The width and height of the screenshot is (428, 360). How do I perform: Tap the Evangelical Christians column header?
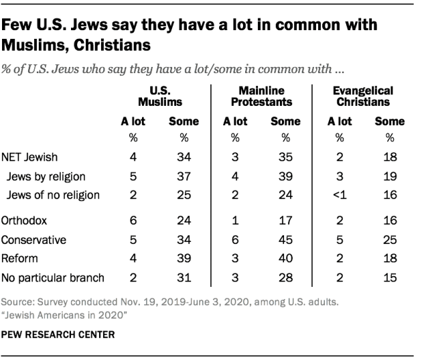[364, 97]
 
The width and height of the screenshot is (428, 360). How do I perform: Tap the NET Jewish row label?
[30, 158]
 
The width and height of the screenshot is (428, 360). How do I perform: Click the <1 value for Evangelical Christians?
[340, 195]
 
